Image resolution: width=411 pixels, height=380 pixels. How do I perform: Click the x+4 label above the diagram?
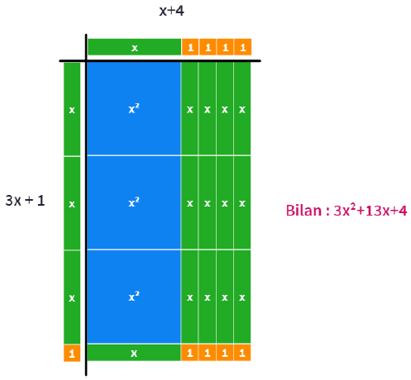(x=171, y=11)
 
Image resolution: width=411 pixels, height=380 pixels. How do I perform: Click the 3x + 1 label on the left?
(x=25, y=201)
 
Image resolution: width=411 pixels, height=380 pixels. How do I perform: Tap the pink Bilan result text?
(x=346, y=211)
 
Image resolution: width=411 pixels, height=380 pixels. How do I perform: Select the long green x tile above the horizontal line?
(x=134, y=47)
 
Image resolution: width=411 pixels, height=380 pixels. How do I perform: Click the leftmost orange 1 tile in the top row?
(x=190, y=47)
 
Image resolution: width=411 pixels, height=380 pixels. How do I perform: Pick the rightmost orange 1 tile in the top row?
(x=242, y=47)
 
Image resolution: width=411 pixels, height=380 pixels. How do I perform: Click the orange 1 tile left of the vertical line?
(x=72, y=353)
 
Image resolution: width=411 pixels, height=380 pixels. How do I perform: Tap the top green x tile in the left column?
(x=72, y=109)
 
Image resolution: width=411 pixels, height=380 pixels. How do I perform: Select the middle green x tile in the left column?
(x=72, y=203)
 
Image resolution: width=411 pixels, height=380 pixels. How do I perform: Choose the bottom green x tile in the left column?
(x=72, y=297)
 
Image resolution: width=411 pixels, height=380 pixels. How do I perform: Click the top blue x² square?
(x=134, y=108)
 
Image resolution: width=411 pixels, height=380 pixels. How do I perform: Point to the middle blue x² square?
(x=134, y=202)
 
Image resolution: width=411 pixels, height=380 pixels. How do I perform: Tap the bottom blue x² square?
(x=134, y=297)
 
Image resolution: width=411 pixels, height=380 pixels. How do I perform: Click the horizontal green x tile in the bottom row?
(x=134, y=353)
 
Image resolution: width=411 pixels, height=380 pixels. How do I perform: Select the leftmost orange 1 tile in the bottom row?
(x=189, y=353)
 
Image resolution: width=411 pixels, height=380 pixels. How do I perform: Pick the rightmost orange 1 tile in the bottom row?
(x=242, y=353)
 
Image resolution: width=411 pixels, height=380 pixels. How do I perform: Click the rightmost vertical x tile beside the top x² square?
(x=242, y=108)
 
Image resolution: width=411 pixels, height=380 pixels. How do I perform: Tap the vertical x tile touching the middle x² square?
(x=189, y=202)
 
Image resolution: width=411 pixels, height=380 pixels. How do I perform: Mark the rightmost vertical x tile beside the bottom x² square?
(x=242, y=297)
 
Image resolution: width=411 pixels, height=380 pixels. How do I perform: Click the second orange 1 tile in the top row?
(x=208, y=47)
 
